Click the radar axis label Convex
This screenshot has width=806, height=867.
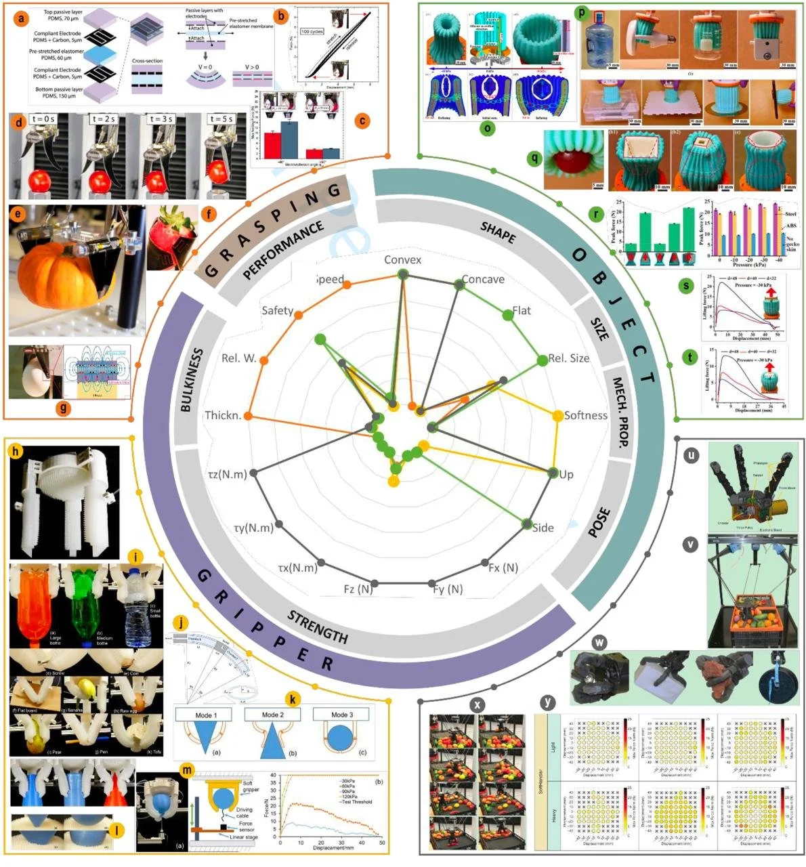(x=402, y=260)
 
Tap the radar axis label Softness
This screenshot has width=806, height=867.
(x=586, y=415)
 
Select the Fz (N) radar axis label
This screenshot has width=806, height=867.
(x=358, y=589)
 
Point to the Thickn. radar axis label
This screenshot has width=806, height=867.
(x=223, y=415)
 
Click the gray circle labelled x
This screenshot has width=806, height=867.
(x=478, y=704)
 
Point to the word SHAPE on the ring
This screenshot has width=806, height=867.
(x=498, y=233)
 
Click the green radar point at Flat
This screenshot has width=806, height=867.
(x=507, y=314)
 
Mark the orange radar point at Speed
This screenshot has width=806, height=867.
(x=346, y=285)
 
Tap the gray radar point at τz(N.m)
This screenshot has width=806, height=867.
(x=253, y=473)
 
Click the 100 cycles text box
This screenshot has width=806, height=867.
(x=312, y=32)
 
